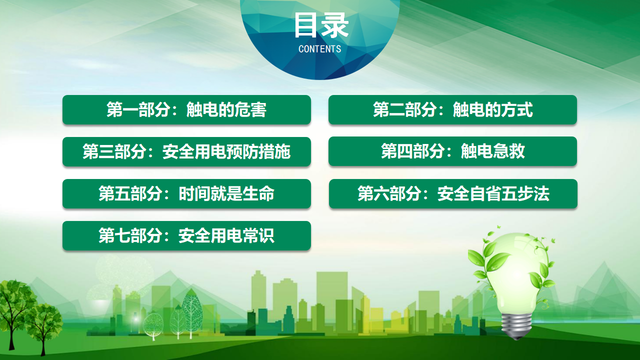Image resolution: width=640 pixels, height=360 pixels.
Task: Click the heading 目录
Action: point(321,25)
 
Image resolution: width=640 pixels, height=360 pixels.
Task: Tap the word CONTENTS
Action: point(319,49)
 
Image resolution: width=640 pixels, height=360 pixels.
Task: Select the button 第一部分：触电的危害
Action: point(186,109)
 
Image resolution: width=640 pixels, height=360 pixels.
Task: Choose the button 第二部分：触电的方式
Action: point(452,109)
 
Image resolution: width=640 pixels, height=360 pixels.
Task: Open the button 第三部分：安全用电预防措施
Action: point(186,151)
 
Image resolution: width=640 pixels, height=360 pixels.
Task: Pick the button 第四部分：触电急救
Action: point(452,151)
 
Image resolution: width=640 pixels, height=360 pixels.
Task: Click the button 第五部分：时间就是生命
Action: point(186,193)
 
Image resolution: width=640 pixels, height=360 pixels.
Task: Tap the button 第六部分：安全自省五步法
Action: point(453,193)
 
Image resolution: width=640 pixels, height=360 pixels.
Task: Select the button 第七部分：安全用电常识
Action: point(186,235)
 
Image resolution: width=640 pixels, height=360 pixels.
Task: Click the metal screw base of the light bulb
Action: point(516,325)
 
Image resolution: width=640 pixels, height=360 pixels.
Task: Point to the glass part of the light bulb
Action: point(517,274)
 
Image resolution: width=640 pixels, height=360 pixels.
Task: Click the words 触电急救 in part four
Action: point(493,151)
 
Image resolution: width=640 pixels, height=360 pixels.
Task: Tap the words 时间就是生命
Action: point(226,193)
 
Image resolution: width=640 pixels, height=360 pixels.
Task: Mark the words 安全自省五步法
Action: point(493,193)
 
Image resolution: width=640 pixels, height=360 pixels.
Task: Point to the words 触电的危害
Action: point(226,109)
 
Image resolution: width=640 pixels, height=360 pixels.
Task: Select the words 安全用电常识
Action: point(226,235)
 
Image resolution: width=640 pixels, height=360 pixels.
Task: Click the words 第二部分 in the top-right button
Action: point(404,109)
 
